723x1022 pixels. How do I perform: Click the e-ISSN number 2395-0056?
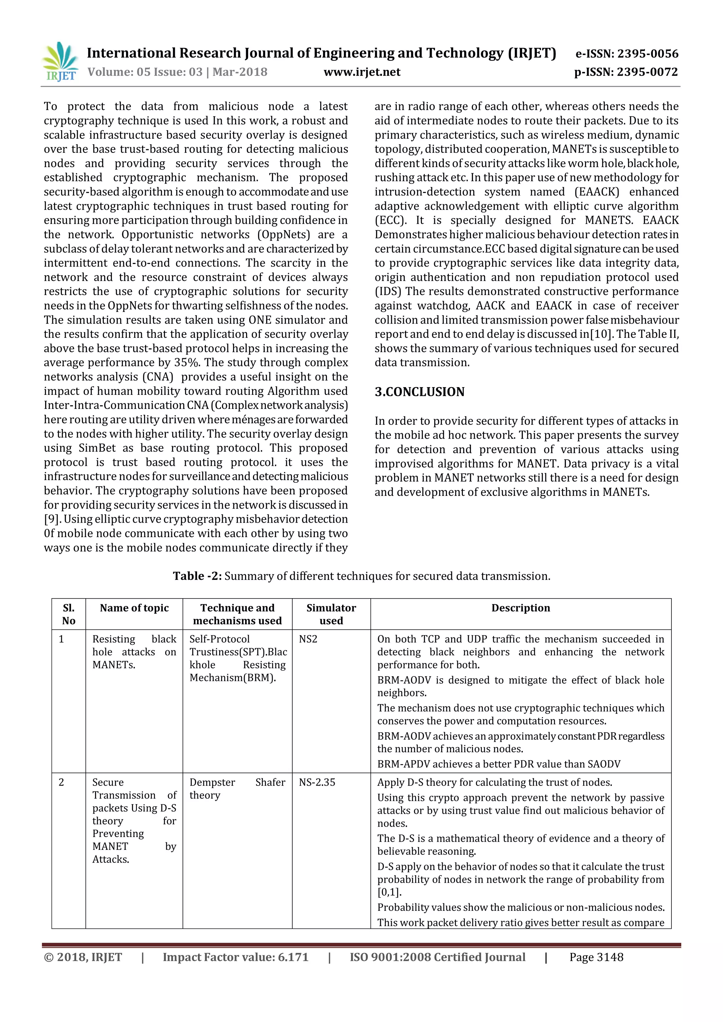click(x=627, y=54)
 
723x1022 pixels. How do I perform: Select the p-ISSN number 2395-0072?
click(x=626, y=72)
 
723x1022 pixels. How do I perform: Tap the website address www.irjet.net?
click(x=362, y=72)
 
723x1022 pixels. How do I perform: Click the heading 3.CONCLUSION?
click(x=419, y=392)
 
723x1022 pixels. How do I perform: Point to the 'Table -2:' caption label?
click(x=197, y=576)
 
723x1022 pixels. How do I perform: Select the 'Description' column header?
click(x=520, y=608)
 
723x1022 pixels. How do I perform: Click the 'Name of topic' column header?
click(x=134, y=608)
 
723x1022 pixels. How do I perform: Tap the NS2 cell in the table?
click(x=308, y=639)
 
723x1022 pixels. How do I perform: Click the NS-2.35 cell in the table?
click(x=317, y=782)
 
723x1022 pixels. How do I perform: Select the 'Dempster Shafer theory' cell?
click(x=237, y=789)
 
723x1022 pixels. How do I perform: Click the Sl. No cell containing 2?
click(x=61, y=782)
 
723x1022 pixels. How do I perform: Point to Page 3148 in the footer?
click(x=596, y=957)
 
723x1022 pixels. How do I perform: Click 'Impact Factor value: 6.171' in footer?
click(x=235, y=957)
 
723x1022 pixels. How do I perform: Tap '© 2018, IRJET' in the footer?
click(x=83, y=957)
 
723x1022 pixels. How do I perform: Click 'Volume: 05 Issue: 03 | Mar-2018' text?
click(x=177, y=72)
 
